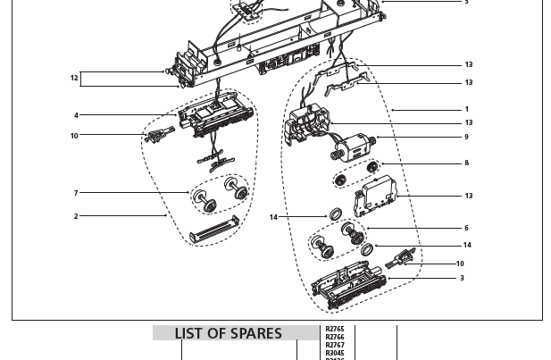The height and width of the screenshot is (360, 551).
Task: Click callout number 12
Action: [x=75, y=79]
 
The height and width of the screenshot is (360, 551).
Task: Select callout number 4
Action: [x=77, y=115]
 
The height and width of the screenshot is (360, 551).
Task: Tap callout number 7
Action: [x=77, y=193]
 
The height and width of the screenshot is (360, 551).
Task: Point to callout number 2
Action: [x=77, y=216]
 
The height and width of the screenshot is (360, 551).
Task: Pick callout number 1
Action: [x=466, y=110]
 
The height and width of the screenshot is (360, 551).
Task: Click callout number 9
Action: [x=466, y=137]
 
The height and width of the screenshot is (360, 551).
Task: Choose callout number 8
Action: [x=466, y=163]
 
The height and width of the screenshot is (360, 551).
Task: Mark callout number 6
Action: [x=466, y=229]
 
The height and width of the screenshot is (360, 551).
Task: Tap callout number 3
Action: [x=462, y=279]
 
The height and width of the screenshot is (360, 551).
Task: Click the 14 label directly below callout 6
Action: [x=466, y=245]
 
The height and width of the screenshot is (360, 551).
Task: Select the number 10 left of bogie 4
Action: [x=75, y=136]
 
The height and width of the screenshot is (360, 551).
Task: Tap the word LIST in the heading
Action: [x=188, y=334]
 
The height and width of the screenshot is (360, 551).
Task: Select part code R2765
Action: [x=335, y=330]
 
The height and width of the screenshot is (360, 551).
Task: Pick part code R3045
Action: [x=335, y=353]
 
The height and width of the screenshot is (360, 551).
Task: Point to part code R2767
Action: [x=335, y=345]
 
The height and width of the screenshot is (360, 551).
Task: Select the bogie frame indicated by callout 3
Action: [x=348, y=289]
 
